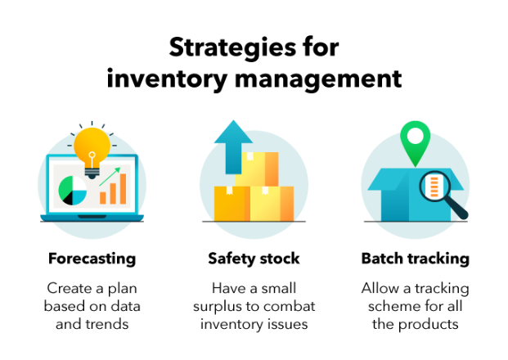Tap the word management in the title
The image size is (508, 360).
tap(318, 79)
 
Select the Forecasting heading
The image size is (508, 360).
tap(92, 259)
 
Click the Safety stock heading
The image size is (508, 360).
tap(254, 259)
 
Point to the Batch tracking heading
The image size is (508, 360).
tap(416, 259)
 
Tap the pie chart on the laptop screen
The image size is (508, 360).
tap(73, 191)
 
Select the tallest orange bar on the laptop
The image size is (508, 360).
tap(123, 188)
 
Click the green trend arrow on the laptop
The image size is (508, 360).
tap(110, 177)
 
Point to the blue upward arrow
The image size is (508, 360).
tap(233, 146)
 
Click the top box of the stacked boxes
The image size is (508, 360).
tap(257, 169)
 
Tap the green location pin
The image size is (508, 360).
tap(416, 143)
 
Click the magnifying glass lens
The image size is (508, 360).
tap(434, 187)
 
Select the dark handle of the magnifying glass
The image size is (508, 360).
tap(456, 209)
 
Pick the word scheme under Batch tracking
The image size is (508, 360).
tap(389, 306)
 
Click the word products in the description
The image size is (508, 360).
tap(429, 324)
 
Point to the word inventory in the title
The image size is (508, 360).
tap(167, 79)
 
